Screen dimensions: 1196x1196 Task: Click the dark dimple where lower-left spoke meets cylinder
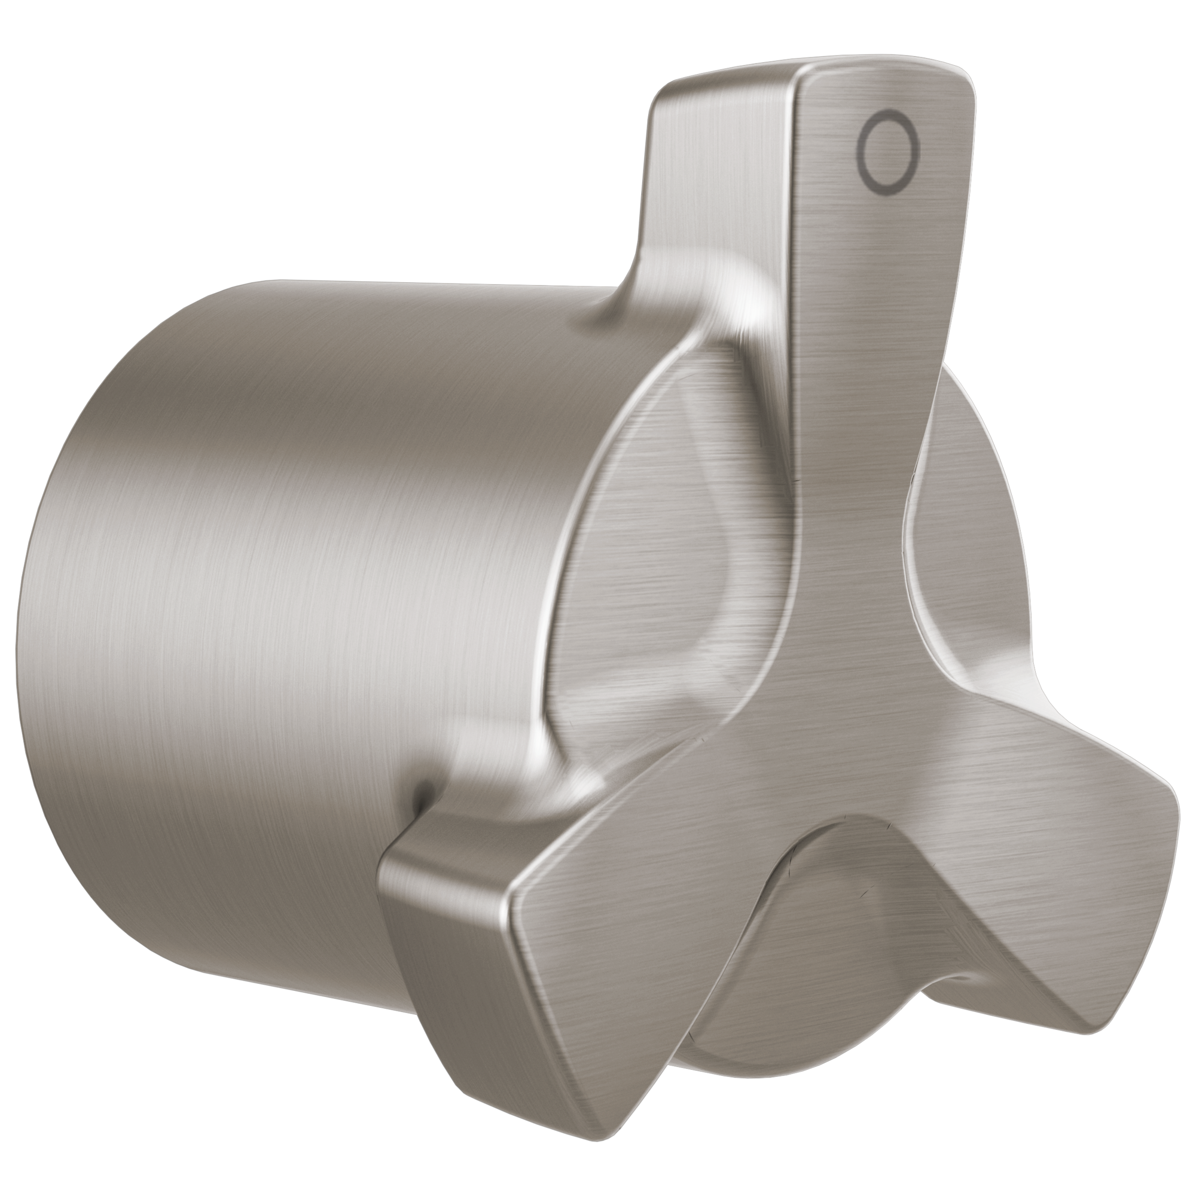click(423, 794)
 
